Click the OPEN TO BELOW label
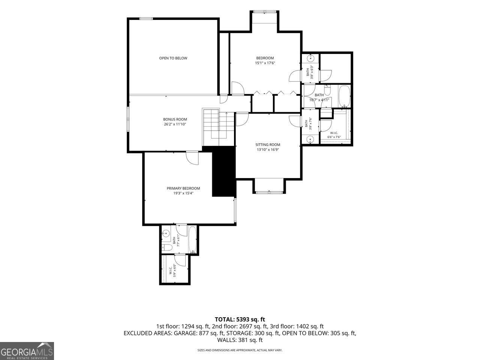tap(173, 58)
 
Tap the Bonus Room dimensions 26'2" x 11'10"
tap(175, 124)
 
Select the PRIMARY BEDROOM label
tap(183, 188)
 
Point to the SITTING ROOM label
tap(268, 145)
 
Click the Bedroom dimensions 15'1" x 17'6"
tap(265, 63)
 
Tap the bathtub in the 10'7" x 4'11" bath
tap(344, 96)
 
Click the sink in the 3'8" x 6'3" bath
tap(310, 58)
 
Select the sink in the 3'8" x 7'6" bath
tap(310, 139)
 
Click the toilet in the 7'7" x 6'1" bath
tap(167, 247)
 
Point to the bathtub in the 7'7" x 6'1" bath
tap(192, 240)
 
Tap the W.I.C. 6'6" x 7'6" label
tap(334, 135)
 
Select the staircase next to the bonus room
tap(219, 127)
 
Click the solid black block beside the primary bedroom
tap(224, 171)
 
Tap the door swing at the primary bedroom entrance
tap(192, 158)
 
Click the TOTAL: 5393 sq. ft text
tap(240, 319)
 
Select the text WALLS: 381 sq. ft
tap(240, 340)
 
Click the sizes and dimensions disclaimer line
tap(240, 350)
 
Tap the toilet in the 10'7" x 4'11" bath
tap(327, 90)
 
